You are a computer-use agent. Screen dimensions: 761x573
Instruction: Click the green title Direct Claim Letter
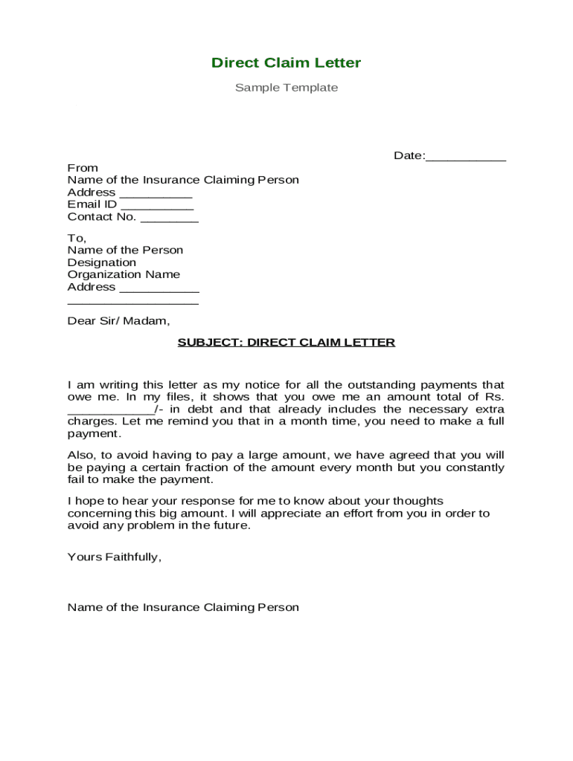(286, 63)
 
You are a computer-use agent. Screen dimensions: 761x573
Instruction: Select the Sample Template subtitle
(286, 88)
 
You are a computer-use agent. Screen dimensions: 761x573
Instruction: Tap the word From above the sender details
(83, 168)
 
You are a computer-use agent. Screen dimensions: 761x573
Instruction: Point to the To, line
(77, 238)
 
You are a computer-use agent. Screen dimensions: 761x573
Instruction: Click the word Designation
(102, 262)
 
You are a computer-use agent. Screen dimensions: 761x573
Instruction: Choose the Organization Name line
(124, 274)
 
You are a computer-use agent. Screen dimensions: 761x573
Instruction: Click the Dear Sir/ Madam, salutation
(118, 321)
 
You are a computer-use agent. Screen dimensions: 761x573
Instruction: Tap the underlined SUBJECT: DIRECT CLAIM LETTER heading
(286, 343)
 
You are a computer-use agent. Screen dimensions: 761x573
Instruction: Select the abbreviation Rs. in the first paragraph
(493, 397)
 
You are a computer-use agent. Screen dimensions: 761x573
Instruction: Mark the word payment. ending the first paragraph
(93, 433)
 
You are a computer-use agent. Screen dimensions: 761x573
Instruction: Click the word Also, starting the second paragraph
(82, 456)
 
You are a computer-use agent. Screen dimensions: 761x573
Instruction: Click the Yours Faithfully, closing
(114, 557)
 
